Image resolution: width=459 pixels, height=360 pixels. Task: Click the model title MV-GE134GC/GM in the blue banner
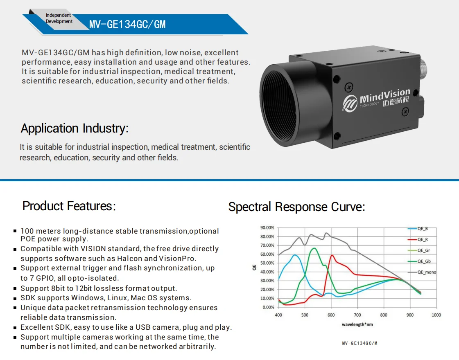coord(127,24)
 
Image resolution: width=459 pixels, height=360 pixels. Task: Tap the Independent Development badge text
coord(59,18)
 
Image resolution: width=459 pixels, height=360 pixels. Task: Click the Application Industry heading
coord(75,128)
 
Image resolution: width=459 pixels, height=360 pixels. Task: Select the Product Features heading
coord(69,206)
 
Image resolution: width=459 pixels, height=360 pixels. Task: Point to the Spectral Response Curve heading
coord(297,207)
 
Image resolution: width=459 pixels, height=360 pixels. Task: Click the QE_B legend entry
coord(418,229)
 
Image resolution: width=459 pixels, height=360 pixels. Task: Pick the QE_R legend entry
coord(418,239)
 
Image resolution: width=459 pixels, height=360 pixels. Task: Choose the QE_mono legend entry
coord(422,272)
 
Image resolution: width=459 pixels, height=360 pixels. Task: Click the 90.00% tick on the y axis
coord(267,227)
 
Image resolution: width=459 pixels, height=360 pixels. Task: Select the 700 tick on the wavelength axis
coord(357,315)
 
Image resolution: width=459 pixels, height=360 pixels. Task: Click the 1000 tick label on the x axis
coord(436,315)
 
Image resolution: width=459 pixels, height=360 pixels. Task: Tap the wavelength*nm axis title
coord(357,324)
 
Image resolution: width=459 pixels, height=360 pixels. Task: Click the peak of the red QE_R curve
coord(332,255)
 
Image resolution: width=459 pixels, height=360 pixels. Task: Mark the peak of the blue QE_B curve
coord(294,255)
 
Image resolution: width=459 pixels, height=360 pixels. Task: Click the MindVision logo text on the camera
coord(385,95)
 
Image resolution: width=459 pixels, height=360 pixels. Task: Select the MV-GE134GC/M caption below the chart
coord(360,343)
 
